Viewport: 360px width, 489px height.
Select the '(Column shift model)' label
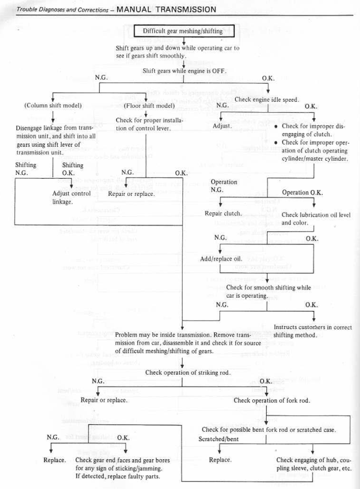pyautogui.click(x=53, y=105)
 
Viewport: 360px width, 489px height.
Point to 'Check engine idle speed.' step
pyautogui.click(x=267, y=100)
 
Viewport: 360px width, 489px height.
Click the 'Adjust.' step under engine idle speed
pyautogui.click(x=223, y=126)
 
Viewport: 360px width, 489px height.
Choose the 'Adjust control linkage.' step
pyautogui.click(x=71, y=197)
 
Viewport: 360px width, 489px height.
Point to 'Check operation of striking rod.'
pyautogui.click(x=187, y=372)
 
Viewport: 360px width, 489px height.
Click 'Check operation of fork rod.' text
pyautogui.click(x=267, y=400)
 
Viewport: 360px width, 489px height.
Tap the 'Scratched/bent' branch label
pyautogui.click(x=216, y=439)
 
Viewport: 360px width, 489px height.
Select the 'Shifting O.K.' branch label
pyautogui.click(x=73, y=168)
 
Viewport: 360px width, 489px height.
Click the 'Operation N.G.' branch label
pyautogui.click(x=224, y=186)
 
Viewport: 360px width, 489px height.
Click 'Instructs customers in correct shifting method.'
pyautogui.click(x=312, y=331)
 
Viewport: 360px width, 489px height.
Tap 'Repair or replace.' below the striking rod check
pyautogui.click(x=104, y=400)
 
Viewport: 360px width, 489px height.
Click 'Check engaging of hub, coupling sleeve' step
pyautogui.click(x=313, y=464)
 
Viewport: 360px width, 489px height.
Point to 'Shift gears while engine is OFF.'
pyautogui.click(x=185, y=70)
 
